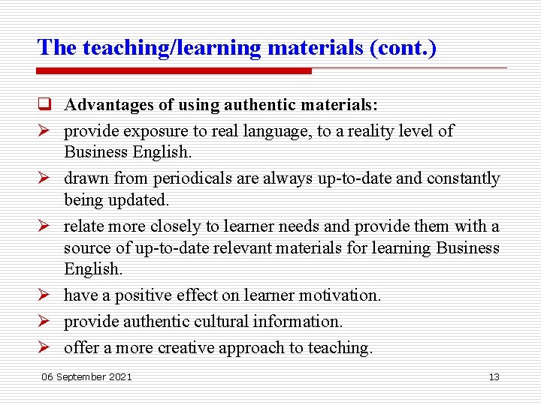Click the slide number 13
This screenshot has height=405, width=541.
tap(494, 376)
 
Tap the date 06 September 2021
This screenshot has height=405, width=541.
tap(86, 376)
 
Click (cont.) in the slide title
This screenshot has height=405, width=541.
tap(403, 47)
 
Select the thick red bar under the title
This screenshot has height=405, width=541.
tap(174, 70)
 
